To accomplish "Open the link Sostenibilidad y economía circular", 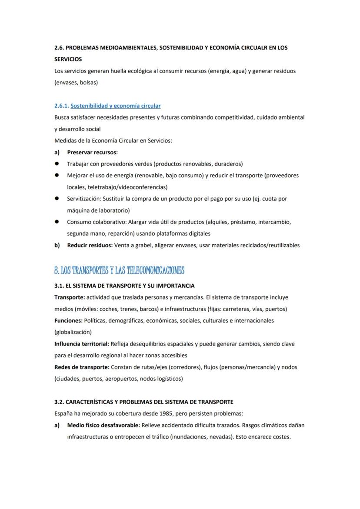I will (115, 106).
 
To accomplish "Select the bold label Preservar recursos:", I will (92, 152).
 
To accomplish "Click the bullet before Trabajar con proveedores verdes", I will (57, 164).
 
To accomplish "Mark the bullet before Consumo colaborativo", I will (57, 222).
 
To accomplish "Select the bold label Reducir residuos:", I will (90, 245).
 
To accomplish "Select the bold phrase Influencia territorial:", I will (81, 344).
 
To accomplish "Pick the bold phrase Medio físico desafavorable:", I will (103, 425).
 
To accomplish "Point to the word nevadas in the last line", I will (220, 436).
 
